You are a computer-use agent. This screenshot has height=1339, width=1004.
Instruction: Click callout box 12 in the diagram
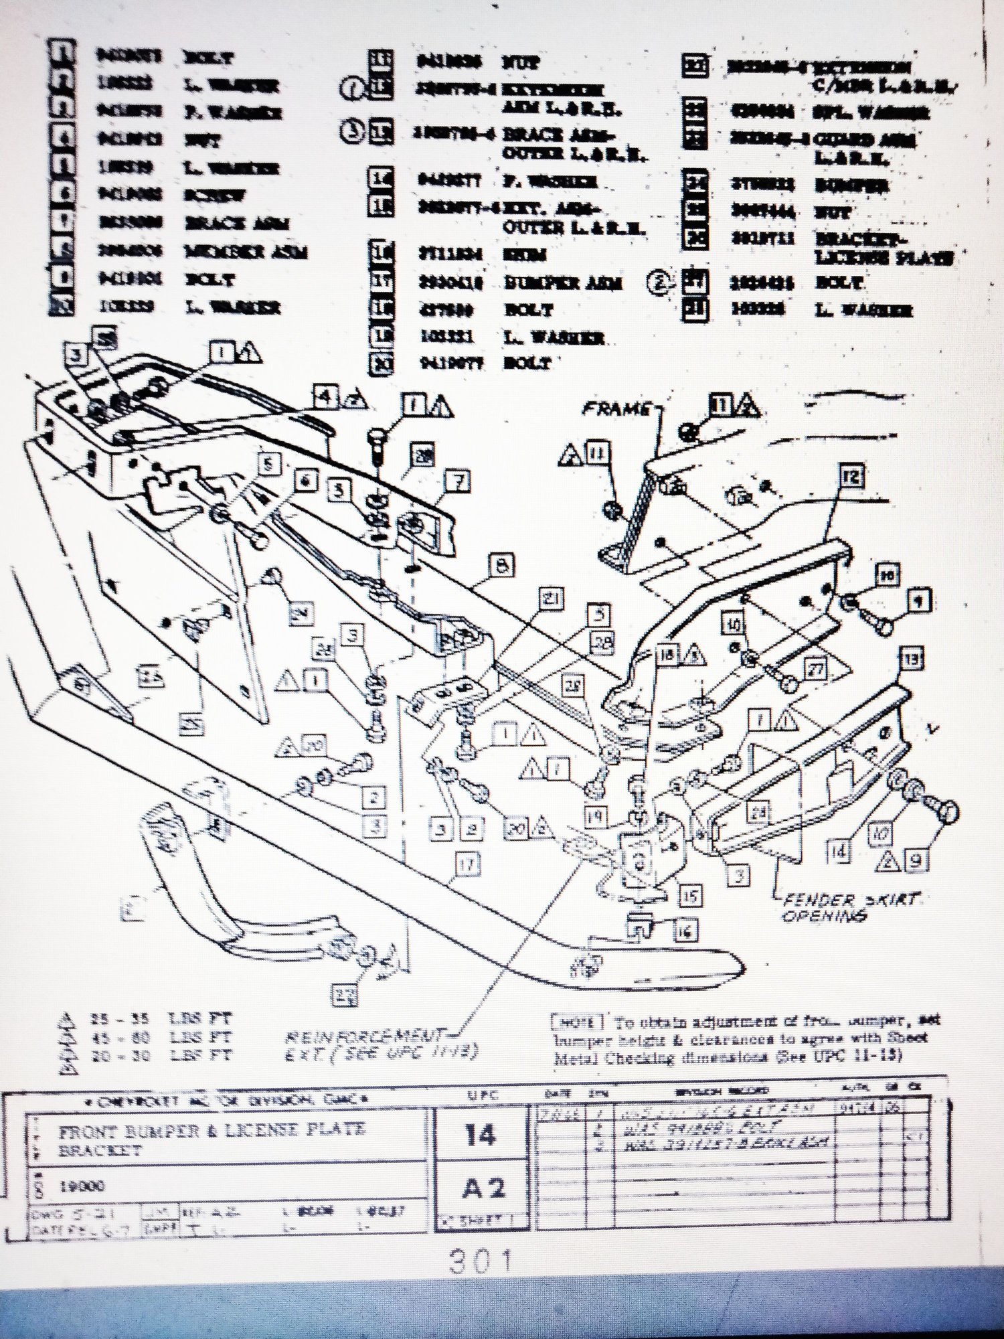click(x=851, y=477)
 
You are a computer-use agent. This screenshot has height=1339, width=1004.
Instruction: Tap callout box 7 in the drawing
click(x=459, y=481)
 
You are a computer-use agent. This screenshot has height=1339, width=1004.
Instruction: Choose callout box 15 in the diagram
click(x=690, y=895)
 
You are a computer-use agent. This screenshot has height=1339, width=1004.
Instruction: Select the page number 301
click(x=481, y=1261)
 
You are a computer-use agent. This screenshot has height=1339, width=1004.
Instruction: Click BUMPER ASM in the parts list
click(x=563, y=283)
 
